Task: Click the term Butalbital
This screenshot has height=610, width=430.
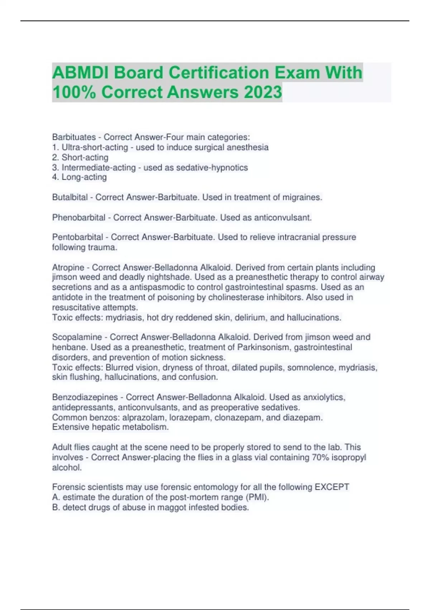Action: click(x=70, y=197)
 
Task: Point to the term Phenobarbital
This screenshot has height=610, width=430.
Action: click(x=79, y=217)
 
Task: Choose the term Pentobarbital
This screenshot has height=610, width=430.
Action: click(x=78, y=237)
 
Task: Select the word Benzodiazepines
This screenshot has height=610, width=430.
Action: click(x=85, y=397)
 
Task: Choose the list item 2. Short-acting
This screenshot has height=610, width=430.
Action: click(x=80, y=158)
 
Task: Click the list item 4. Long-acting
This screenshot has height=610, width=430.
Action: click(x=80, y=177)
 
